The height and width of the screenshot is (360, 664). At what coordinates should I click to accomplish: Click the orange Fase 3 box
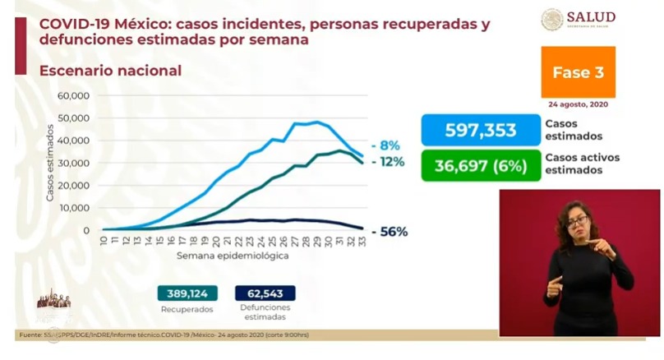578,72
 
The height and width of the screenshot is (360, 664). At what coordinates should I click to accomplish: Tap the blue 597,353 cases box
480,130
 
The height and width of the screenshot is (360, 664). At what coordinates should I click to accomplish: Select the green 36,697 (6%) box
480,164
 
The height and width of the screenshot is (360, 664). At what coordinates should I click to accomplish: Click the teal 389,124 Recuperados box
188,293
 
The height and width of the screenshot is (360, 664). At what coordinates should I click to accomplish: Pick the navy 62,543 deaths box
265,293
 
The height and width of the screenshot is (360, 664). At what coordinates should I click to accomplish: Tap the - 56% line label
390,232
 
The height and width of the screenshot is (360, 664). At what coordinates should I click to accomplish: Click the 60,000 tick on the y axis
73,96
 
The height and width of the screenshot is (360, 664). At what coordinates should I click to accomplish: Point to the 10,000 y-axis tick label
73,208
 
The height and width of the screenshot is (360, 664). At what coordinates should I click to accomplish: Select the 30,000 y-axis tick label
73,163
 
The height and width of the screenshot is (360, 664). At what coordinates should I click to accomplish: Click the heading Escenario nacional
110,71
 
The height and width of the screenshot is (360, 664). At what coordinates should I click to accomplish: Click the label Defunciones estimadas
265,312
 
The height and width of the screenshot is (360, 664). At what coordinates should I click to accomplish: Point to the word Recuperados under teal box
188,309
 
